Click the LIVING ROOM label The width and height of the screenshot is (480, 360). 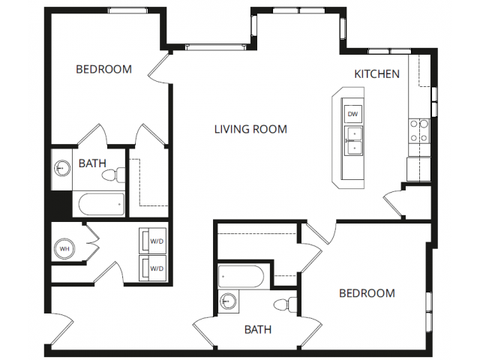coord(250,129)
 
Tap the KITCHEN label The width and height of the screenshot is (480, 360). coord(376,74)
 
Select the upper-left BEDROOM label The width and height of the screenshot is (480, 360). coord(103,69)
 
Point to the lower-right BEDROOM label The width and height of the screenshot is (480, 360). coord(367,293)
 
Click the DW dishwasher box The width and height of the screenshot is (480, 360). coord(353,114)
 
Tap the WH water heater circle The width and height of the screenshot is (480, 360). coord(64,248)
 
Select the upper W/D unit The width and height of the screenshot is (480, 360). coord(153,241)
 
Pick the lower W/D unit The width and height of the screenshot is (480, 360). coord(153,268)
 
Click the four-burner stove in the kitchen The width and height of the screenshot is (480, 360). coord(419,131)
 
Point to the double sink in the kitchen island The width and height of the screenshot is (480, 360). coord(353,141)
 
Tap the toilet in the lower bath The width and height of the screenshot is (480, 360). coord(285,305)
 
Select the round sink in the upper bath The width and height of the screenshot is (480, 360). coord(62,168)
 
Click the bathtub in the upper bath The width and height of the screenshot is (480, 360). coord(102,204)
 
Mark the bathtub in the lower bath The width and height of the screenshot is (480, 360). coord(241,277)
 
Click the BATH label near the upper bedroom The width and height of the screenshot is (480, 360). coord(92,163)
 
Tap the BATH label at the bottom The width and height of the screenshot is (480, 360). coord(258,330)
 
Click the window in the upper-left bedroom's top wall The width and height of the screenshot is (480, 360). coord(127,10)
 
